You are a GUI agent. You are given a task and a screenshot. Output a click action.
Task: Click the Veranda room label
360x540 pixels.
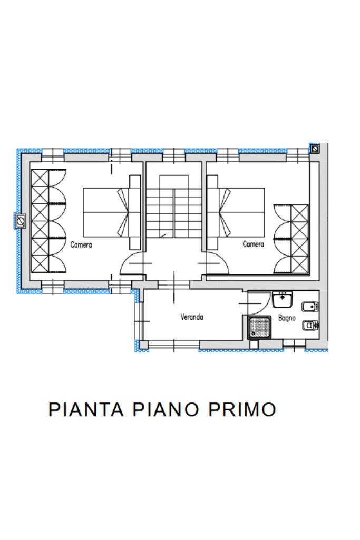click(191, 317)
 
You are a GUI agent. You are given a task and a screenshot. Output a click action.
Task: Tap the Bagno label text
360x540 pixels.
click(287, 318)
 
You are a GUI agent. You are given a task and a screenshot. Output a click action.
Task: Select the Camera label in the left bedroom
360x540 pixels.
click(81, 244)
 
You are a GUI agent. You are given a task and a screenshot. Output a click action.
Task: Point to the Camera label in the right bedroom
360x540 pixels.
click(253, 244)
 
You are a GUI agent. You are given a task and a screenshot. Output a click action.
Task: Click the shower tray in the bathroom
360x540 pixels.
click(259, 328)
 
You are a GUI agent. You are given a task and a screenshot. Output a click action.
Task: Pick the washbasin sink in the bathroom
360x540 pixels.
click(283, 299)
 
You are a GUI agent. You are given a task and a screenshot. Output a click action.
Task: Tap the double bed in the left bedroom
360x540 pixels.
click(112, 212)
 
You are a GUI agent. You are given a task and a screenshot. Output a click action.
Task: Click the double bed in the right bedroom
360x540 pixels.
click(236, 212)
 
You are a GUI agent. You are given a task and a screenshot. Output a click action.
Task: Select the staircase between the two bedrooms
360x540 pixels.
click(173, 206)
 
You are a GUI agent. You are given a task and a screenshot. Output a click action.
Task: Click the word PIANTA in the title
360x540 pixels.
click(86, 409)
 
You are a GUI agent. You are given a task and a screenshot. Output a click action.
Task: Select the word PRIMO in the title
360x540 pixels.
click(242, 409)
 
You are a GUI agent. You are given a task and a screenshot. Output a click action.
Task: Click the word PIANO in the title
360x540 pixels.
click(166, 409)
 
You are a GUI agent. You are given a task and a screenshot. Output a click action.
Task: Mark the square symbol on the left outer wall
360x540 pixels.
click(21, 221)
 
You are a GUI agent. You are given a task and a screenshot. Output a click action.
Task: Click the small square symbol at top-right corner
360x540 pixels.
click(314, 149)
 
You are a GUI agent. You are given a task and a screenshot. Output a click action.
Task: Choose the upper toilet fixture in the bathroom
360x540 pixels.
click(310, 306)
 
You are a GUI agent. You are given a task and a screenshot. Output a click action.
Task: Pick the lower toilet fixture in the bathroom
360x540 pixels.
click(310, 325)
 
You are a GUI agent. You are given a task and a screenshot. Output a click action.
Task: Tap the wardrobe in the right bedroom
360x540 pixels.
click(291, 239)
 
